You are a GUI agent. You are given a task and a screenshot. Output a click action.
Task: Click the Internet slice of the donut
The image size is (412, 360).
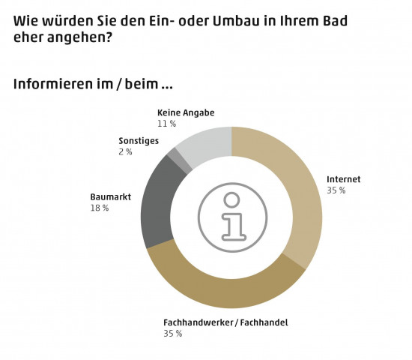tap(296, 187)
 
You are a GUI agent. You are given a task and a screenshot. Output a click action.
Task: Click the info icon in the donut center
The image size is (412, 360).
tap(231, 217)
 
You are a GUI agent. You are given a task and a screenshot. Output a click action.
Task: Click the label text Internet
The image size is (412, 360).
tap(343, 179)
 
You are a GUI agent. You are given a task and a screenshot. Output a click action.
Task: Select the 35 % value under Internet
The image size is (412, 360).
tap(336, 190)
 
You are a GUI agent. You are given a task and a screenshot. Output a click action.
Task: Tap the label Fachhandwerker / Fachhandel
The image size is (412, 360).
tap(225, 322)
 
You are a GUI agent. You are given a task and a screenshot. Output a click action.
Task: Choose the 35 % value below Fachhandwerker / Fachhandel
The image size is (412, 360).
tap(172, 334)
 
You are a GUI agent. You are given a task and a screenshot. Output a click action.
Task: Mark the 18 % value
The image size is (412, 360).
tap(99, 208)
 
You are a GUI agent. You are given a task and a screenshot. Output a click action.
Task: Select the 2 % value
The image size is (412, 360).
tap(125, 151)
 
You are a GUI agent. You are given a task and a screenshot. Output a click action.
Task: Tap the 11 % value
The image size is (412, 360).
tap(166, 123)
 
